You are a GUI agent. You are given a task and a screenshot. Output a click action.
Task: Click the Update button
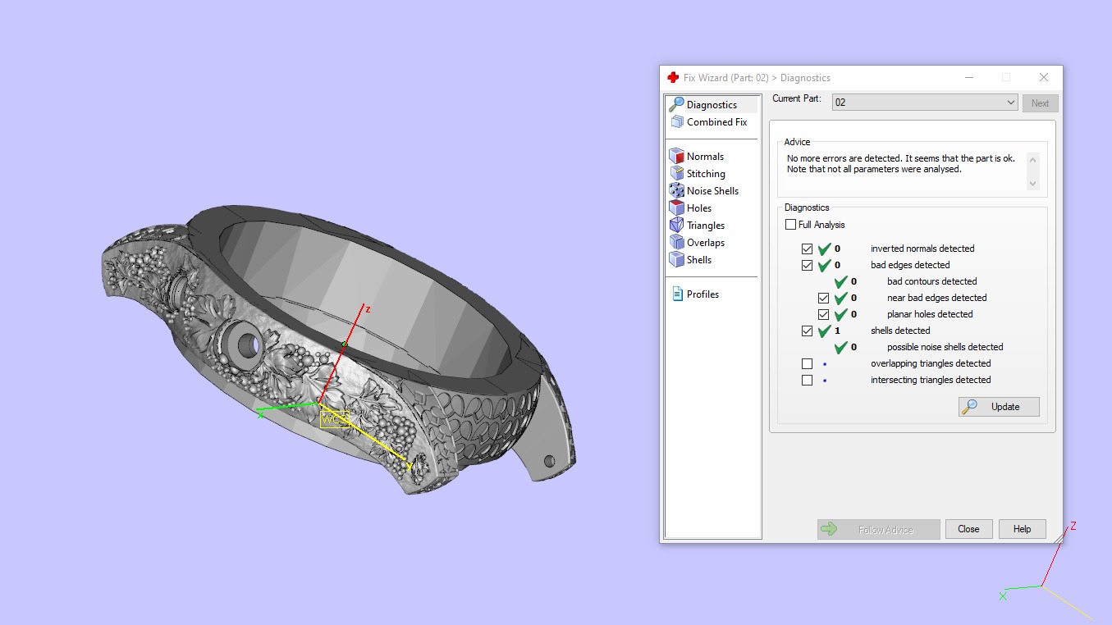pyautogui.click(x=999, y=407)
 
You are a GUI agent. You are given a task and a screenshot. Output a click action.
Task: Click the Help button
pyautogui.click(x=1022, y=529)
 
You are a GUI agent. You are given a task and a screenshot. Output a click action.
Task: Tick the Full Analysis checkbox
pyautogui.click(x=791, y=225)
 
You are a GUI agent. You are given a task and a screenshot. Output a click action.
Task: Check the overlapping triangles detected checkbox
pyautogui.click(x=808, y=363)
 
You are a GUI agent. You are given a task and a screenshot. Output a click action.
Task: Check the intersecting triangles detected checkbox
pyautogui.click(x=808, y=380)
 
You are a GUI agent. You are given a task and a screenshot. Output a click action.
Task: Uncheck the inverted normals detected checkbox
pyautogui.click(x=808, y=249)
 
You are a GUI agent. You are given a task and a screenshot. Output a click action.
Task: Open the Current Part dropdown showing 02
pyautogui.click(x=925, y=103)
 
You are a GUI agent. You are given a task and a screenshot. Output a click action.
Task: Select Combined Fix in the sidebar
pyautogui.click(x=716, y=122)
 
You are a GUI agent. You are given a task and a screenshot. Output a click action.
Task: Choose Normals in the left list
pyautogui.click(x=705, y=157)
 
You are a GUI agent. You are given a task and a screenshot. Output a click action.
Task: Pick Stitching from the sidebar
pyautogui.click(x=706, y=174)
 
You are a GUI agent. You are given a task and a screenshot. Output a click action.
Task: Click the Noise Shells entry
pyautogui.click(x=712, y=191)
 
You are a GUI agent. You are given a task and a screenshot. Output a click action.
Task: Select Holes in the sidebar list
pyautogui.click(x=698, y=208)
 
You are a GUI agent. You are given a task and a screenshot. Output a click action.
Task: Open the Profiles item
pyautogui.click(x=702, y=294)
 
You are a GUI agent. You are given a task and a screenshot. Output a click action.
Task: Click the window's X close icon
pyautogui.click(x=1044, y=77)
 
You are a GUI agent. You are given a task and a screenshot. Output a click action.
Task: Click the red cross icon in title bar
pyautogui.click(x=673, y=78)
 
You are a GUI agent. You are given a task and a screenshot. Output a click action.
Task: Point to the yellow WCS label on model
pyautogui.click(x=334, y=419)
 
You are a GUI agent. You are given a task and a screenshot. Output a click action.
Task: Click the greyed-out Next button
pyautogui.click(x=1040, y=103)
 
